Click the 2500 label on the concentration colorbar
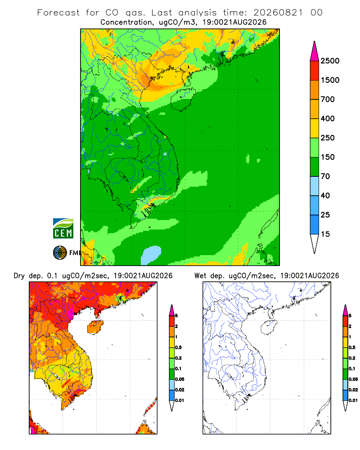click(330, 61)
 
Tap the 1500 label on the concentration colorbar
click(330, 80)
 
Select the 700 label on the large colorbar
click(328, 99)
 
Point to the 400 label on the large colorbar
click(328, 118)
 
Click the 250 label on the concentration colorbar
click(328, 138)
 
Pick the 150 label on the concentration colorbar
click(328, 157)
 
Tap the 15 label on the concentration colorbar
click(325, 234)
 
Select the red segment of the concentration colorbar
click(315, 71)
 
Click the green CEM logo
click(63, 229)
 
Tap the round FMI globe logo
click(60, 253)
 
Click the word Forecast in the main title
click(58, 13)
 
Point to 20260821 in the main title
click(278, 13)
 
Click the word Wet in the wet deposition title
click(200, 276)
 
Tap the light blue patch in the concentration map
click(151, 255)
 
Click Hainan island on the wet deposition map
click(269, 327)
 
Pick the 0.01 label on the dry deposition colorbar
click(180, 400)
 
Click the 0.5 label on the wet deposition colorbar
click(352, 347)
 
